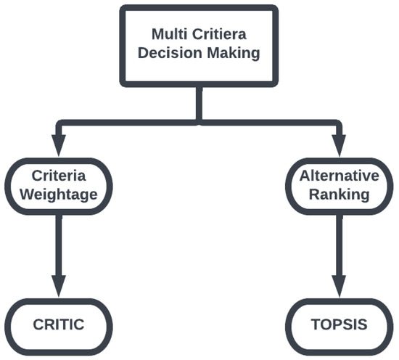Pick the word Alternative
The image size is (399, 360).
coord(340,176)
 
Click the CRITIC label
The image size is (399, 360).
coord(59,324)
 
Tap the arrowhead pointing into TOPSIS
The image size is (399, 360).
coord(339,286)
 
